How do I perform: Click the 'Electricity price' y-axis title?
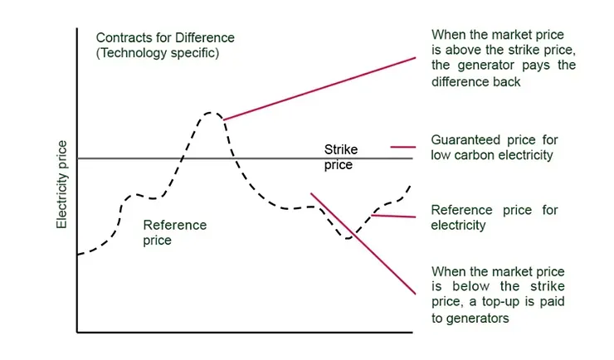point(61,185)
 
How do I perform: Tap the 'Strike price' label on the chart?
point(338,158)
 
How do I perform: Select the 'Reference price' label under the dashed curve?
point(174,232)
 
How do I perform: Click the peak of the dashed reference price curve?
point(211,112)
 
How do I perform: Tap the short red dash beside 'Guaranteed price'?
point(402,147)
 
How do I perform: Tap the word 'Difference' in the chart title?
point(205,38)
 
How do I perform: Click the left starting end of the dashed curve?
point(78,254)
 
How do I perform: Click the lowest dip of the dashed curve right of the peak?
point(349,238)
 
